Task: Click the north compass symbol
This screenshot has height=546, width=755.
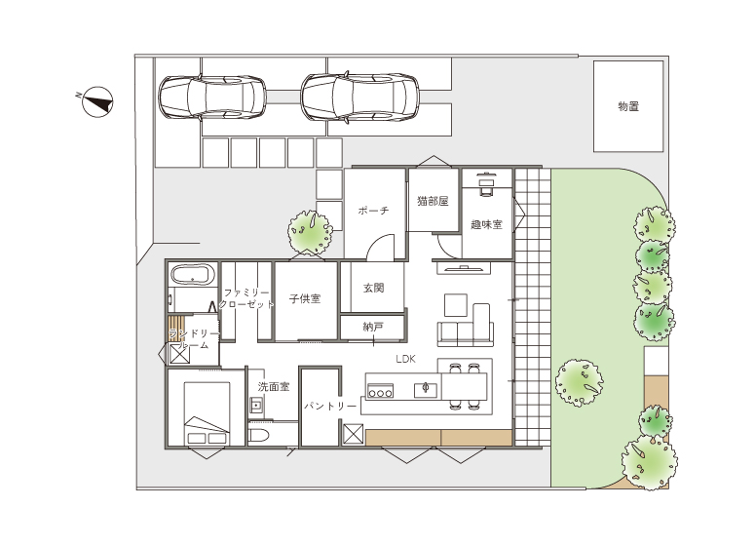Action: tap(97, 102)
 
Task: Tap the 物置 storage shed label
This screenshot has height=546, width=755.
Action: tap(628, 106)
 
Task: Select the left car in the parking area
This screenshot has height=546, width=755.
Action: tap(212, 97)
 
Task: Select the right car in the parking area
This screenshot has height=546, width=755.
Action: tap(359, 97)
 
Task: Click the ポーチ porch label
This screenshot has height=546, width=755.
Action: tap(373, 211)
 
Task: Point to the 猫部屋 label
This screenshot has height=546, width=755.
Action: tap(433, 201)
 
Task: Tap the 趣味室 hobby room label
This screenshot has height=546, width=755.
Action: tap(486, 224)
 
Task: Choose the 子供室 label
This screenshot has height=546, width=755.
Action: tap(305, 298)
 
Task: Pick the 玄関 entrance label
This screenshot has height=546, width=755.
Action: tap(373, 289)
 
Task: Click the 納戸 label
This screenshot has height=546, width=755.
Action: tap(373, 327)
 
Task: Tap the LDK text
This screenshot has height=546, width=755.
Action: tap(405, 359)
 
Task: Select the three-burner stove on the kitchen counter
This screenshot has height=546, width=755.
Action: tap(380, 391)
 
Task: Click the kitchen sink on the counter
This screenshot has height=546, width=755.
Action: tap(426, 390)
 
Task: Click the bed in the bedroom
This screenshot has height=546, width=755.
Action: tap(208, 413)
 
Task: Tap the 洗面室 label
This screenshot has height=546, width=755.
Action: tap(274, 386)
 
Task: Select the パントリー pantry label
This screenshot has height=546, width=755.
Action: tap(330, 407)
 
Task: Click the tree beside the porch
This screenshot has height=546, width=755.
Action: tap(310, 232)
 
